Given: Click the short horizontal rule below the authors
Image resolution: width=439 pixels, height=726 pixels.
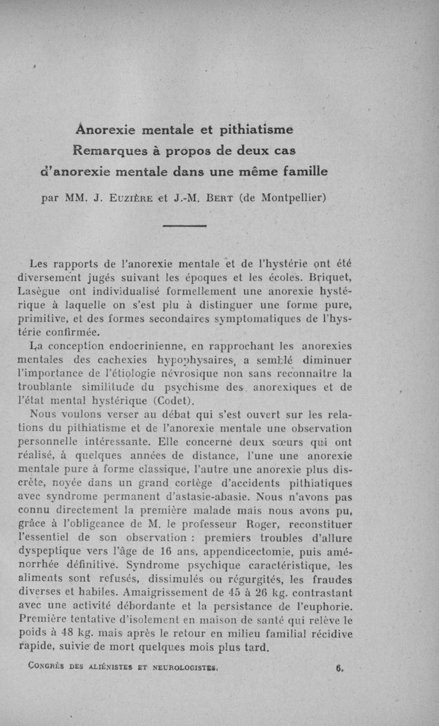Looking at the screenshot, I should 185,224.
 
